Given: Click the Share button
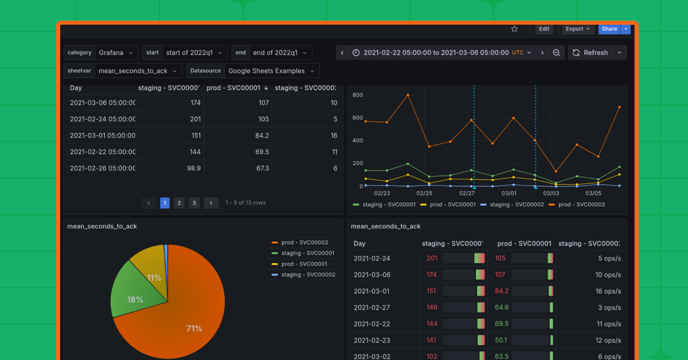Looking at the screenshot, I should tap(609, 29).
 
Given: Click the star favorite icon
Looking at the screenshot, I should tap(514, 29).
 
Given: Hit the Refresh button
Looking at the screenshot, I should tap(590, 53).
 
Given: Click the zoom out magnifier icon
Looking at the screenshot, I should tap(556, 53).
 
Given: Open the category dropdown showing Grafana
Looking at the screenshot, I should tap(116, 53).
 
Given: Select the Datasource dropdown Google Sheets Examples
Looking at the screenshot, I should tap(271, 71).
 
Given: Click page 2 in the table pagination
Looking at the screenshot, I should tap(179, 203).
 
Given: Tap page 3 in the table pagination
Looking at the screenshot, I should tap(194, 203).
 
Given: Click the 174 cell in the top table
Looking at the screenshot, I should tap(195, 103).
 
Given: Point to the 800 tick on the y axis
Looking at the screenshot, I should tap(358, 95).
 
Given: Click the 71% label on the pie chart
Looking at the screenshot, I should tap(194, 328).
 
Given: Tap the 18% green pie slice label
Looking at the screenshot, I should tap(135, 300).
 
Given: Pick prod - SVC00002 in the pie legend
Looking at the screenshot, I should tap(304, 242).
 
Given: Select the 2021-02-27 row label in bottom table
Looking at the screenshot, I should tap(372, 308).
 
